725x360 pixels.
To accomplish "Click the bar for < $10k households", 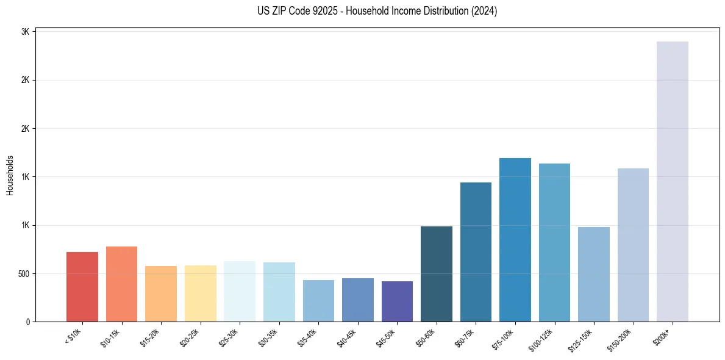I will point(82,287).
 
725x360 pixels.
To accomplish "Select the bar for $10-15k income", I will point(121,284).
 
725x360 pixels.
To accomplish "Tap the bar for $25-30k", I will point(240,291).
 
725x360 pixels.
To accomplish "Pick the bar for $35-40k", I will point(318,301).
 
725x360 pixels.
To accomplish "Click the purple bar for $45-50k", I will point(397,301).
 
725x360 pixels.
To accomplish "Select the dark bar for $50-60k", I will point(437,274).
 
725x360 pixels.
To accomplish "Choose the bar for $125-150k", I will point(594,274).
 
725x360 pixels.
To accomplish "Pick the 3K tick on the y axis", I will point(26,32).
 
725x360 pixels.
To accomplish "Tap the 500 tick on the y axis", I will point(24,273).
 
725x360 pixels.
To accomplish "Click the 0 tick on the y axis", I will point(28,322).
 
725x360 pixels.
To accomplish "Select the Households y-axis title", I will point(10,175).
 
